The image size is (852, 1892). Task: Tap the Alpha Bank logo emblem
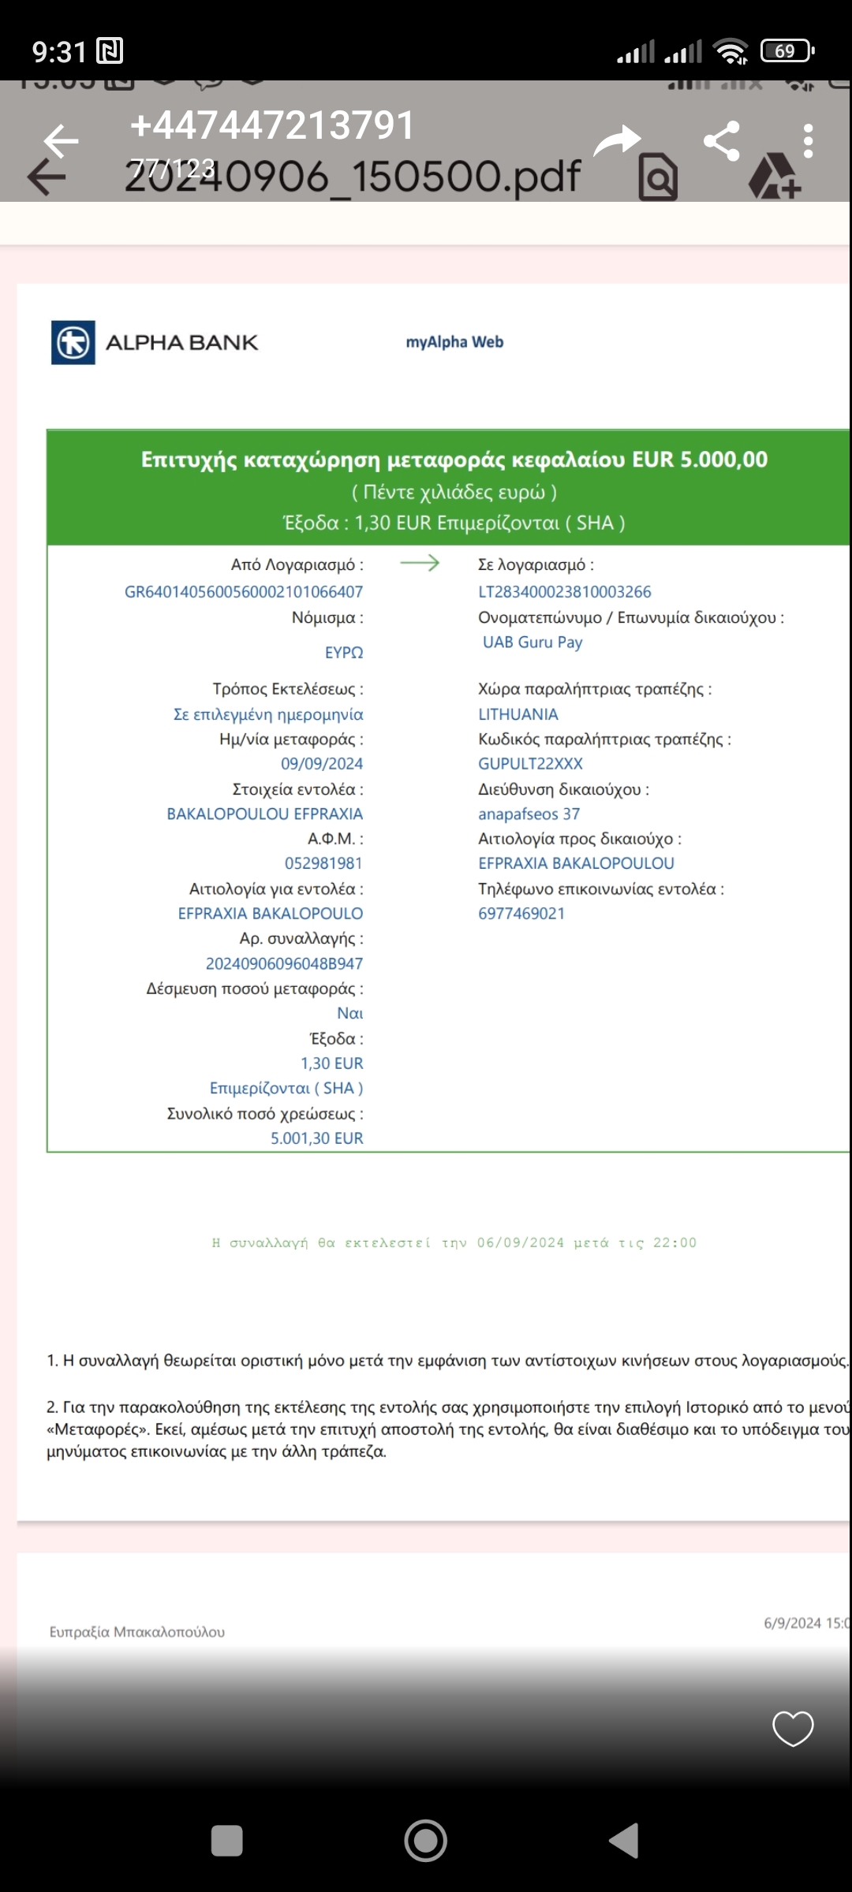pos(73,342)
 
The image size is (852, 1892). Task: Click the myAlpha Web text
pos(454,342)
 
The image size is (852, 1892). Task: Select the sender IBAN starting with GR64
pos(244,591)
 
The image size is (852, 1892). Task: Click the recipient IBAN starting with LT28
pos(565,591)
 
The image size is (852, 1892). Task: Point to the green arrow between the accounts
pos(420,563)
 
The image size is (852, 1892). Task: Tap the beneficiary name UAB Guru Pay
pos(532,642)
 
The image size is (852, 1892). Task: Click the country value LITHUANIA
pos(518,714)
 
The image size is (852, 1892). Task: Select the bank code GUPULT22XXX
pos(530,763)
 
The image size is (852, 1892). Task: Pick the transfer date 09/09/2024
pos(322,763)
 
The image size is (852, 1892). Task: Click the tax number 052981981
pos(323,863)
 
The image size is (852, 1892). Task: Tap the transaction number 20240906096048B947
pos(284,963)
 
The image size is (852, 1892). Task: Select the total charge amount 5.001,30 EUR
pos(316,1138)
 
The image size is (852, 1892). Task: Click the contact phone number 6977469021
pos(521,913)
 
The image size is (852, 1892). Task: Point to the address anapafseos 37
pos(529,814)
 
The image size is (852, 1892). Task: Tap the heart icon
pos(792,1728)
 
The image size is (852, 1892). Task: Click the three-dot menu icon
pos(808,141)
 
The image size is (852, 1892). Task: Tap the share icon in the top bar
pos(721,141)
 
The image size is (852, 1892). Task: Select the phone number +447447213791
pos(272,125)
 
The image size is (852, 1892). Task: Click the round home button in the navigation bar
pos(426,1842)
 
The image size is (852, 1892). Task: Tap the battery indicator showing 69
pos(787,51)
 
